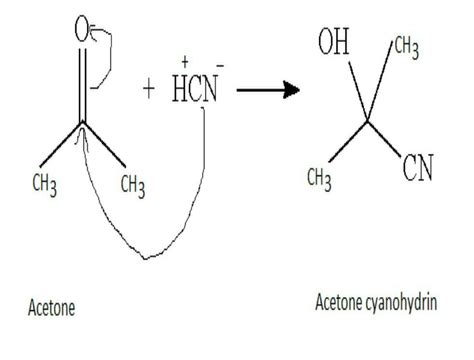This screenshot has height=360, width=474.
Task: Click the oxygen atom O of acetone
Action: (x=83, y=31)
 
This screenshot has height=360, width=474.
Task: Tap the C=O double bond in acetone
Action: (x=83, y=85)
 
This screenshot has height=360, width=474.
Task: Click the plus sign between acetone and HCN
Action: (x=149, y=89)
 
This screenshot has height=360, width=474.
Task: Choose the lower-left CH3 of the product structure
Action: (x=319, y=177)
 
